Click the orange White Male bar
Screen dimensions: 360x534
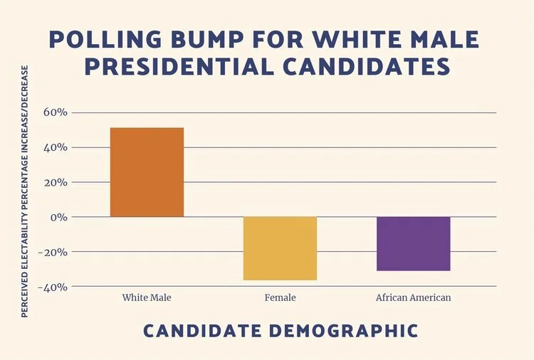[x=147, y=172]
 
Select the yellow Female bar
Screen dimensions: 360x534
[x=280, y=248]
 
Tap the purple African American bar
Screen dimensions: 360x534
[x=413, y=244]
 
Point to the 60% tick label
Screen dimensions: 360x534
[x=56, y=112]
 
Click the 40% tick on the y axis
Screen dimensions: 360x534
[x=56, y=147]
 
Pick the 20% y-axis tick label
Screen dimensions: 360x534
[x=56, y=182]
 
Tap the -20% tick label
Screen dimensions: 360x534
[x=54, y=252]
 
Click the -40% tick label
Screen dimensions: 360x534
[x=54, y=287]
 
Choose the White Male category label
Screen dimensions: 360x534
[x=147, y=297]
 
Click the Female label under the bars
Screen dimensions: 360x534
[x=280, y=297]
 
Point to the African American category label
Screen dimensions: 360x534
[x=413, y=297]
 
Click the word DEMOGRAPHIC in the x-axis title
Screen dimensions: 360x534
[x=342, y=331]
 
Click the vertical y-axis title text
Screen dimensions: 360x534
[x=26, y=181]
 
